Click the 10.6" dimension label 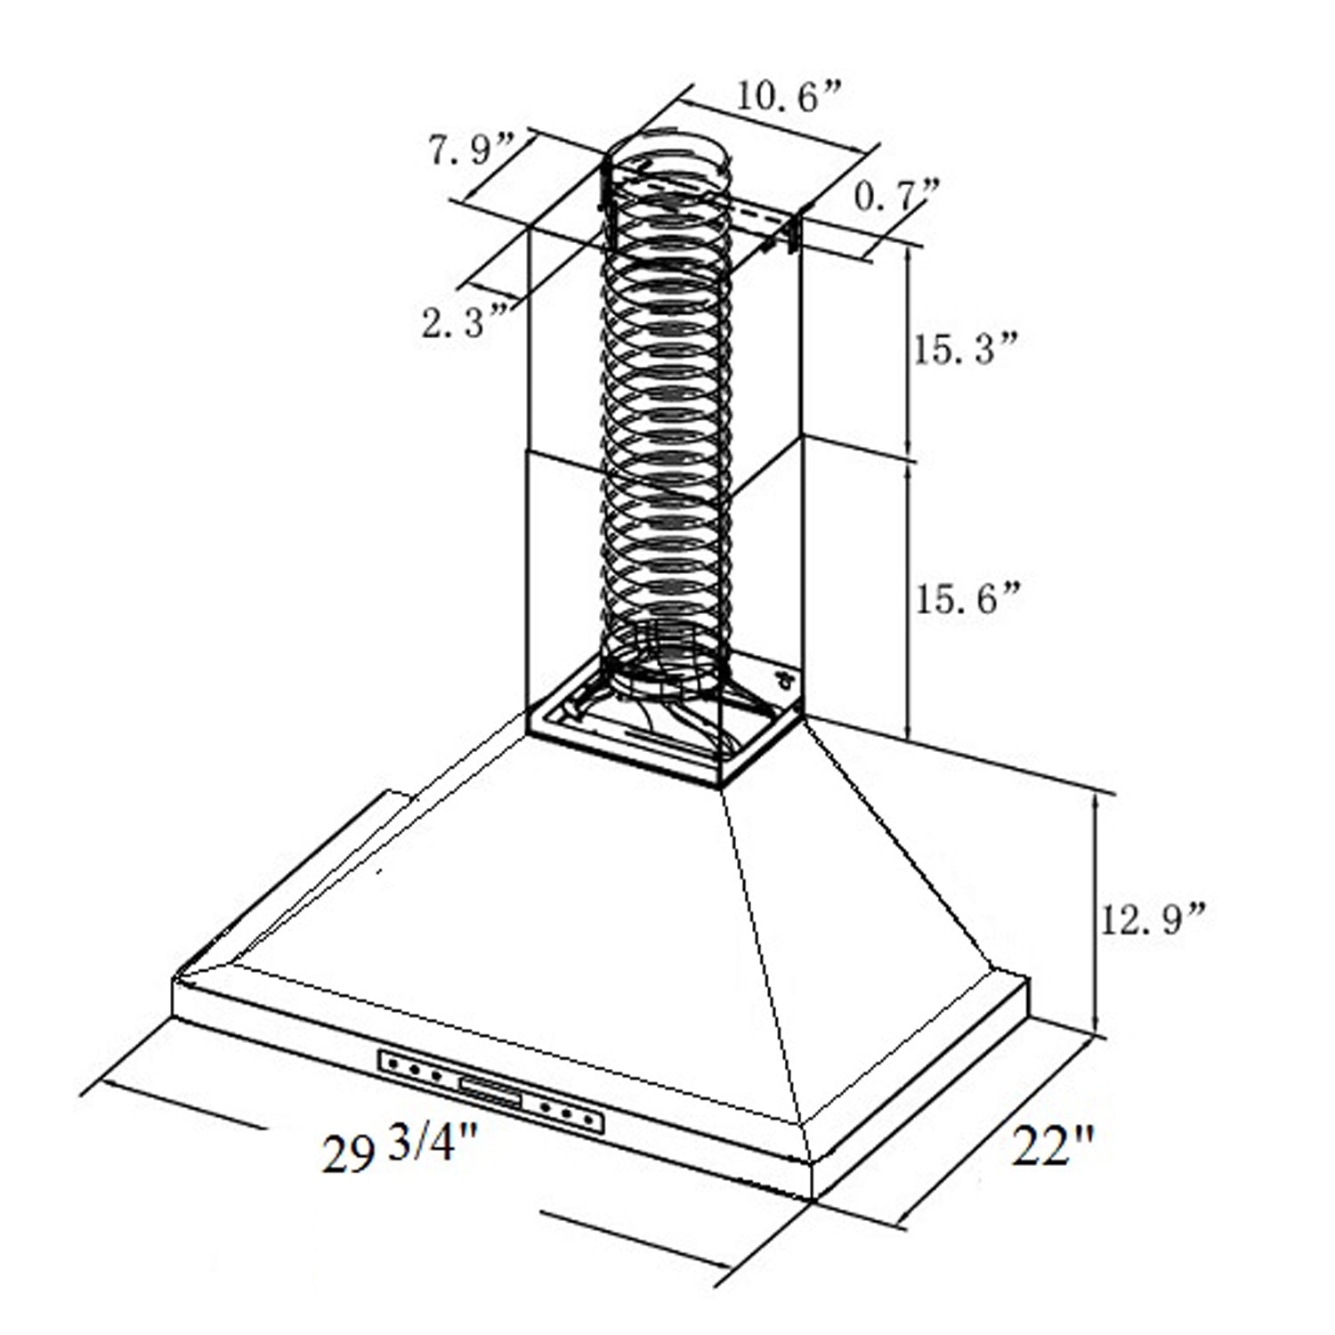787,97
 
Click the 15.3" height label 964,349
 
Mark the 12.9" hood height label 1153,918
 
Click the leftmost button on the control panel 392,1064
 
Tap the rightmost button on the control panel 587,1119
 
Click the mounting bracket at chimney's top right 789,230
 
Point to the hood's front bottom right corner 812,1199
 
